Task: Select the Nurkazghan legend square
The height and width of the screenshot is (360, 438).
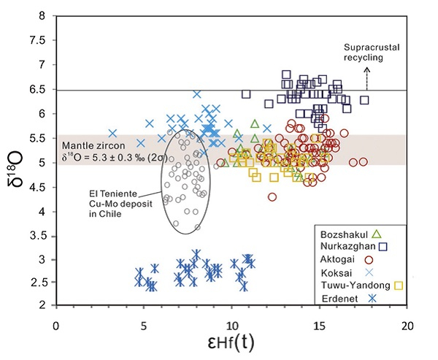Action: [384, 246]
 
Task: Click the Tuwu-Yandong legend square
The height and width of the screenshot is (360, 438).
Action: [397, 285]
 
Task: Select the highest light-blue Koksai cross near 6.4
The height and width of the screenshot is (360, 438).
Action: [197, 93]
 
